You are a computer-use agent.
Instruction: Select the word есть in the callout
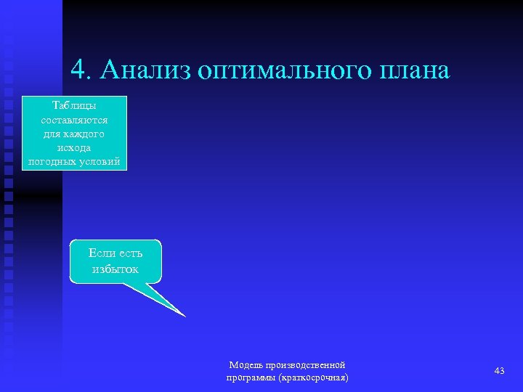pos(130,253)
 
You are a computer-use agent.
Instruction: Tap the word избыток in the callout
pos(115,269)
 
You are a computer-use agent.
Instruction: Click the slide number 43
pos(499,371)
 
